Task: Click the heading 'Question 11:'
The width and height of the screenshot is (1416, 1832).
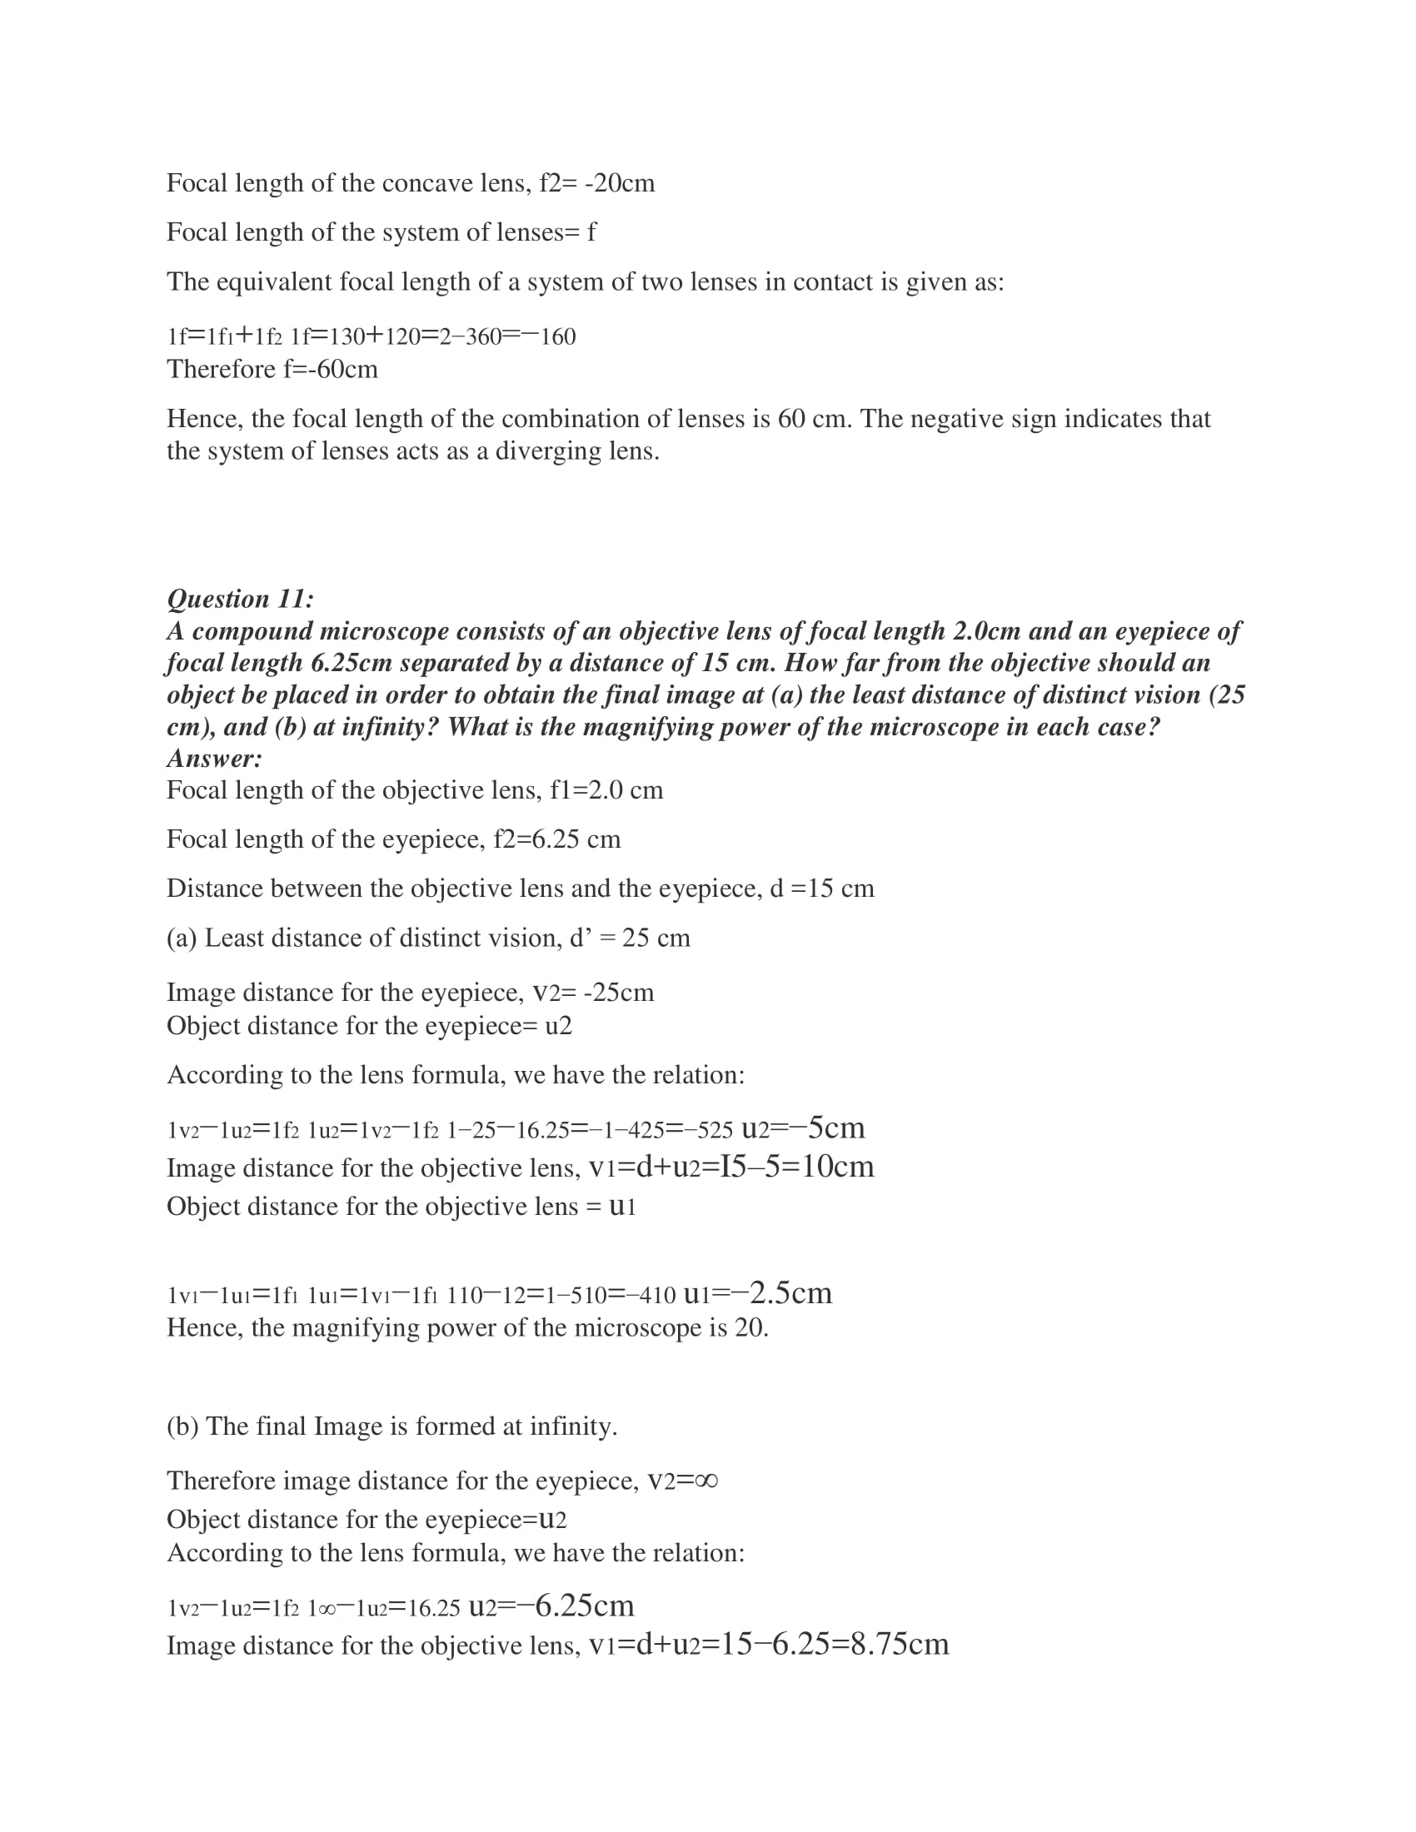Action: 240,599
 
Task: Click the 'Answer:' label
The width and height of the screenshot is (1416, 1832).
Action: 215,759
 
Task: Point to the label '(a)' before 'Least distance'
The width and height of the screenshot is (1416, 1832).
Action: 182,938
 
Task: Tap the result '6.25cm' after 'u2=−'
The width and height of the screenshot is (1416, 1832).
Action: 584,1605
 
